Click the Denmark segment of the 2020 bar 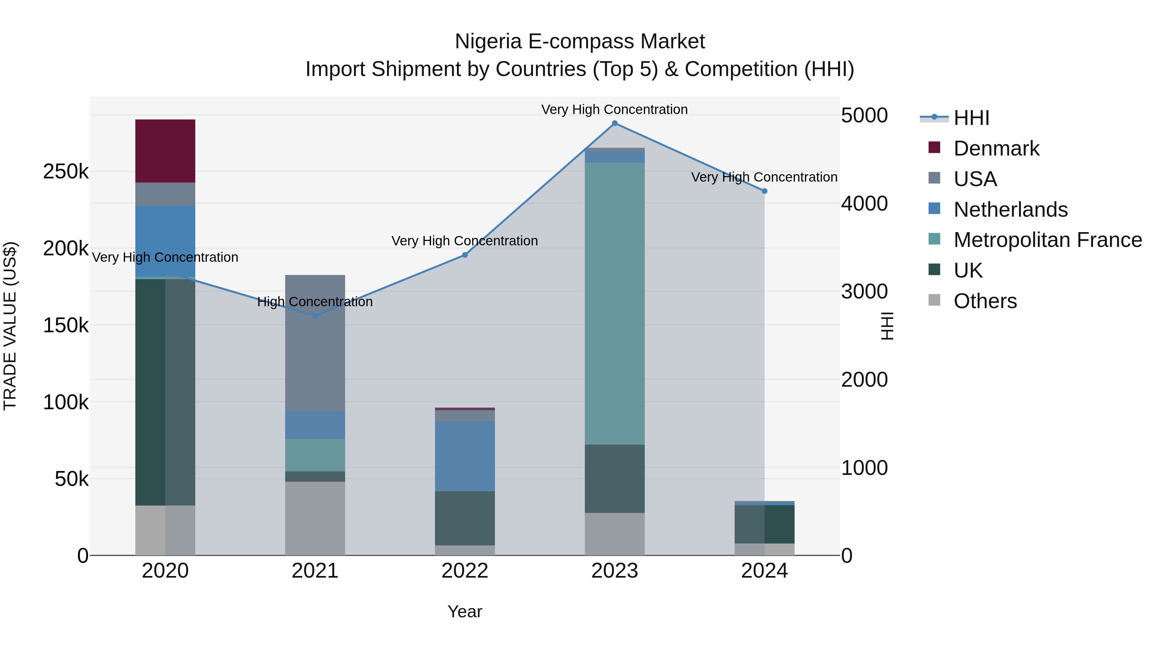165,151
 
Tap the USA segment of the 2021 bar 315,343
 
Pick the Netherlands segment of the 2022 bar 465,456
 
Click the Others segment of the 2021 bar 315,518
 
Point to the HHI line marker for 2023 615,123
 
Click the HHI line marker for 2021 315,316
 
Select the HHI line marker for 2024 764,191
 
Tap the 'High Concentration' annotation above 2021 315,301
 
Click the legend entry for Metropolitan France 1048,240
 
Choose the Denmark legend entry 996,148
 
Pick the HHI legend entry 971,118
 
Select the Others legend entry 985,301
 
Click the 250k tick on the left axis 66,171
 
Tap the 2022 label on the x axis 465,571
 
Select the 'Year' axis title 465,611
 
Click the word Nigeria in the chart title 488,42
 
